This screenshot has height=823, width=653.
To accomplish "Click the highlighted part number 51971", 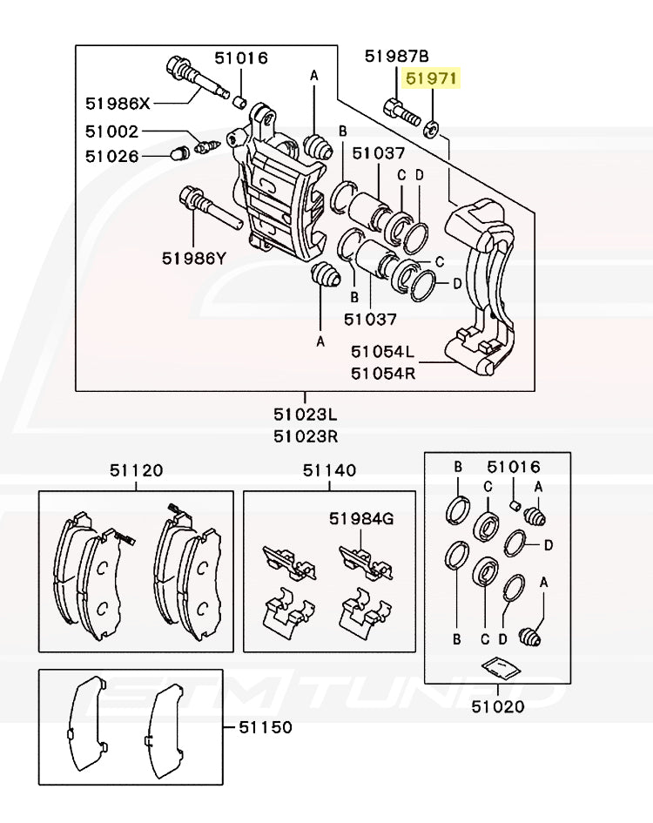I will point(434,80).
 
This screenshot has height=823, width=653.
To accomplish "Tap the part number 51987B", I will point(397,57).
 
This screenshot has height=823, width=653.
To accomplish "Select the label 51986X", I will point(118,104).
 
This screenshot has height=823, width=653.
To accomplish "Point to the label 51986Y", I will point(193,258).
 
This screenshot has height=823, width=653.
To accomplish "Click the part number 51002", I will point(112,132).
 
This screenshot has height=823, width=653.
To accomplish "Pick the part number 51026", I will point(112,157).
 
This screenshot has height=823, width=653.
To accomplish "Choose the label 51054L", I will point(383,352).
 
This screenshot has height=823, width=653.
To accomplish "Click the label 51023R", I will point(306,436).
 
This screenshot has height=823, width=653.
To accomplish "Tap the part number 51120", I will point(136,470).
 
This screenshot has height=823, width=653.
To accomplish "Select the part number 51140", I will point(329,470).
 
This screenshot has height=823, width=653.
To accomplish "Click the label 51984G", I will point(361,519).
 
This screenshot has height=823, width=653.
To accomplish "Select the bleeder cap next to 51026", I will point(179,154).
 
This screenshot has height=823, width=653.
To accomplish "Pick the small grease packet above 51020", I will point(500,668).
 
